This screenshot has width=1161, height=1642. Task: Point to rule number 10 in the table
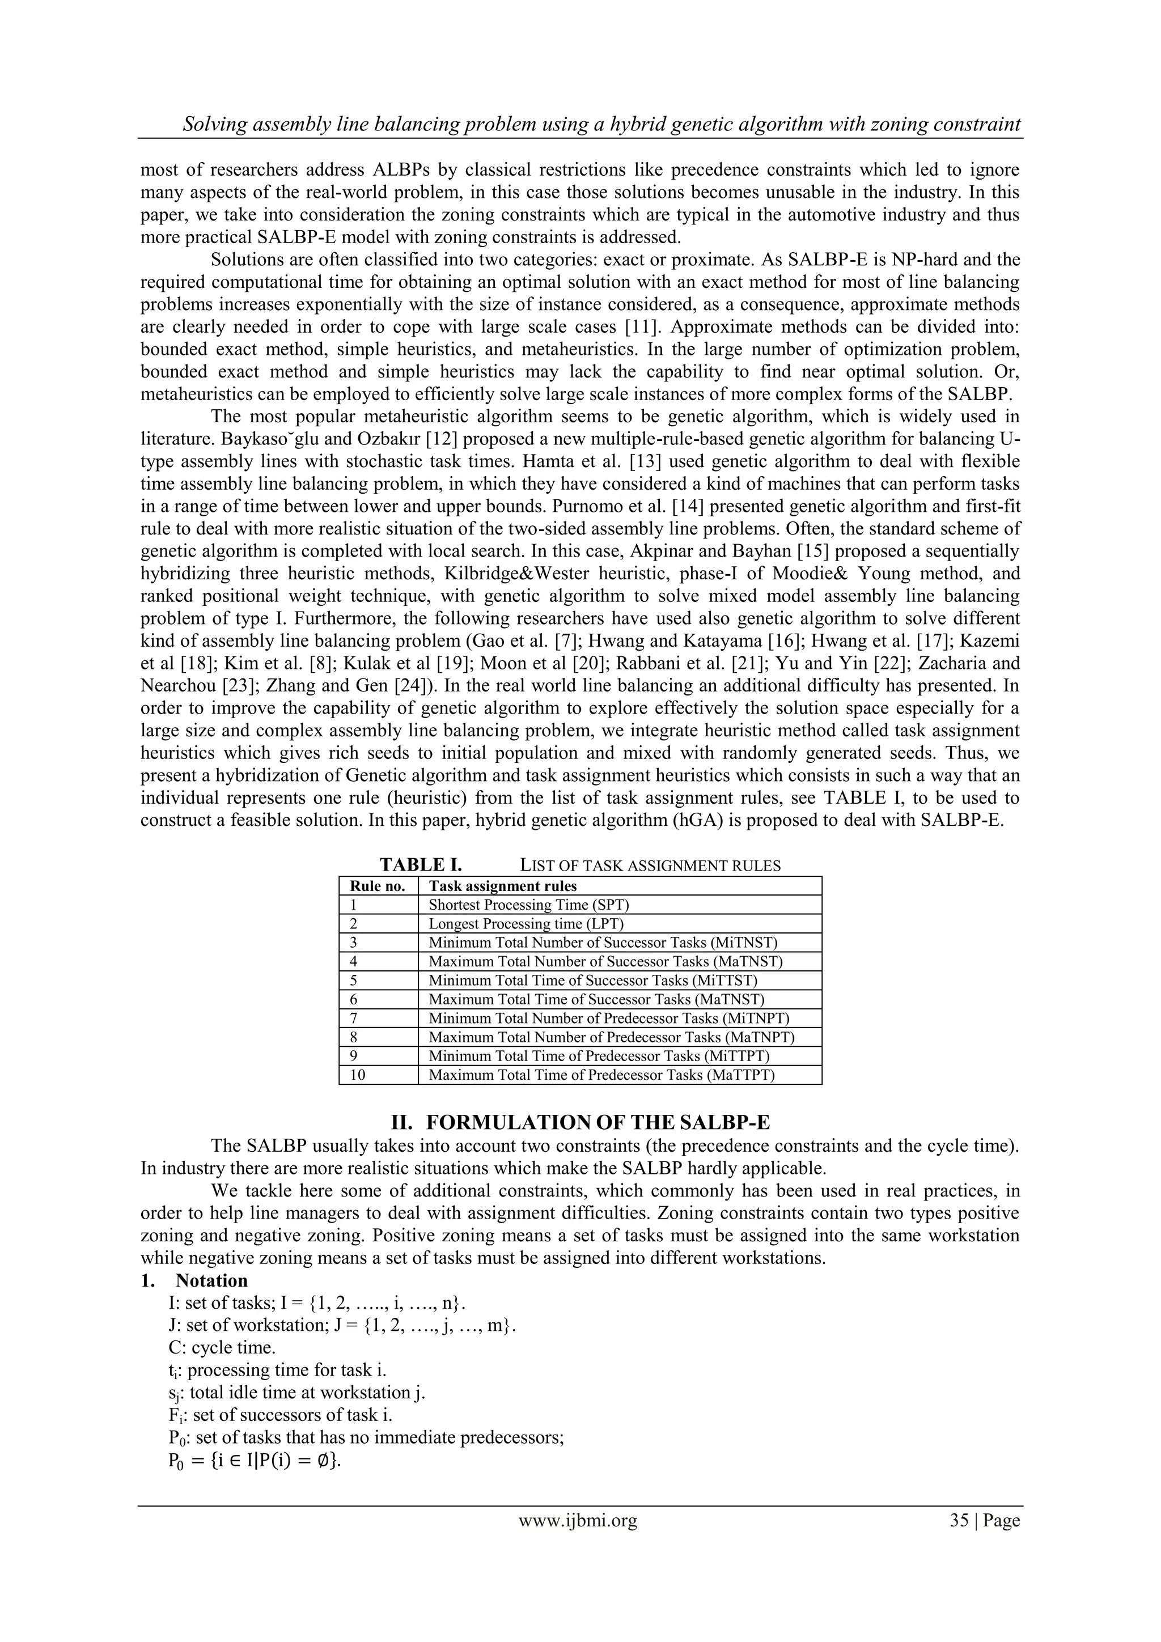click(358, 1075)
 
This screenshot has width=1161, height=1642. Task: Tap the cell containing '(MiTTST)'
click(592, 981)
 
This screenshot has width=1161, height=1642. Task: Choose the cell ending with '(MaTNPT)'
click(611, 1037)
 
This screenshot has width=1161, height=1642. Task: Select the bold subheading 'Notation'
click(212, 1280)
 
